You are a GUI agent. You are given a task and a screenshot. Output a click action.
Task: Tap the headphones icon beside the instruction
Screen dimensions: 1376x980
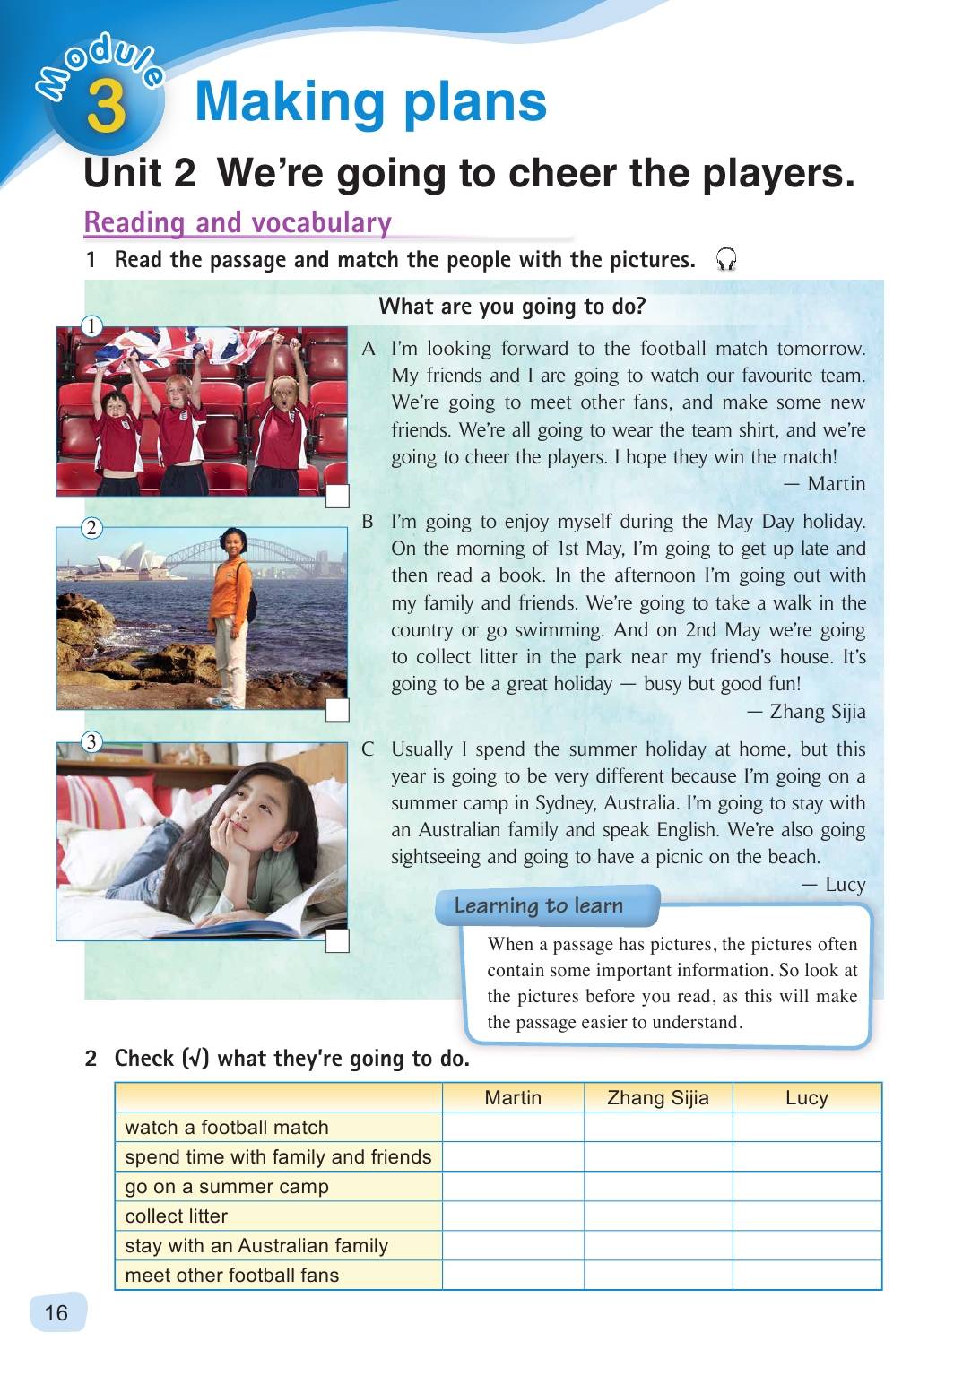pyautogui.click(x=725, y=260)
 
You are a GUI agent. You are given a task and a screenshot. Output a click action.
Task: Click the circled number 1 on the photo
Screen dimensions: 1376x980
pyautogui.click(x=91, y=326)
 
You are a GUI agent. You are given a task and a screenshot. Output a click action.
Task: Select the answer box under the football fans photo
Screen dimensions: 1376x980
pyautogui.click(x=337, y=497)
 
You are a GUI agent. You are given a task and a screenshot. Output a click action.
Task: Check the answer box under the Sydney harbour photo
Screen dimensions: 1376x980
pyautogui.click(x=337, y=710)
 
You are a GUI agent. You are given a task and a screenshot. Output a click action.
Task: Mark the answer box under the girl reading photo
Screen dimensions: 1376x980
pyautogui.click(x=337, y=940)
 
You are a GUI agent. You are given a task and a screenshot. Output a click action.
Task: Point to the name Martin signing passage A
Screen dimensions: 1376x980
pyautogui.click(x=836, y=484)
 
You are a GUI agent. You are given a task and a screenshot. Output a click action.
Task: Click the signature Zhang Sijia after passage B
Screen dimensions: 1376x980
pyautogui.click(x=817, y=712)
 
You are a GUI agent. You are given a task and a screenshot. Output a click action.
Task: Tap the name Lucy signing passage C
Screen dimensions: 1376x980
pyautogui.click(x=845, y=885)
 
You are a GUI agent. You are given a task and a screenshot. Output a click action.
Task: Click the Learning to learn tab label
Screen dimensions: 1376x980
pyautogui.click(x=539, y=905)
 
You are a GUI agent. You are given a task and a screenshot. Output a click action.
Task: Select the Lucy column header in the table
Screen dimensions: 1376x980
pyautogui.click(x=806, y=1098)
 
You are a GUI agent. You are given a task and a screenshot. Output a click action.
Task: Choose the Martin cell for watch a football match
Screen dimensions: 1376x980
pyautogui.click(x=513, y=1128)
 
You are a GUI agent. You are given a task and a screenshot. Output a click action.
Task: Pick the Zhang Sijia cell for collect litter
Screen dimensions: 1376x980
pyautogui.click(x=658, y=1216)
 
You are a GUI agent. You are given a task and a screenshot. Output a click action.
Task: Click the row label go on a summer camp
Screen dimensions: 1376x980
pyautogui.click(x=227, y=1187)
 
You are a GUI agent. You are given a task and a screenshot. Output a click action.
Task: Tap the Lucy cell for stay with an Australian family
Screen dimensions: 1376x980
pyautogui.click(x=806, y=1246)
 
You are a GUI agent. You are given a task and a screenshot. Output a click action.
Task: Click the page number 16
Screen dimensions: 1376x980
pyautogui.click(x=56, y=1313)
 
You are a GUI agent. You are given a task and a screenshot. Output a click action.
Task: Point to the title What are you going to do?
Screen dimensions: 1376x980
pyautogui.click(x=512, y=307)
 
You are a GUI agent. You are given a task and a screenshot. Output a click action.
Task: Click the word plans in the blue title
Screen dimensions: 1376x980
pyautogui.click(x=474, y=101)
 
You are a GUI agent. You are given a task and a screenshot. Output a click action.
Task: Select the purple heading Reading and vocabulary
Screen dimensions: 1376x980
pyautogui.click(x=238, y=222)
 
